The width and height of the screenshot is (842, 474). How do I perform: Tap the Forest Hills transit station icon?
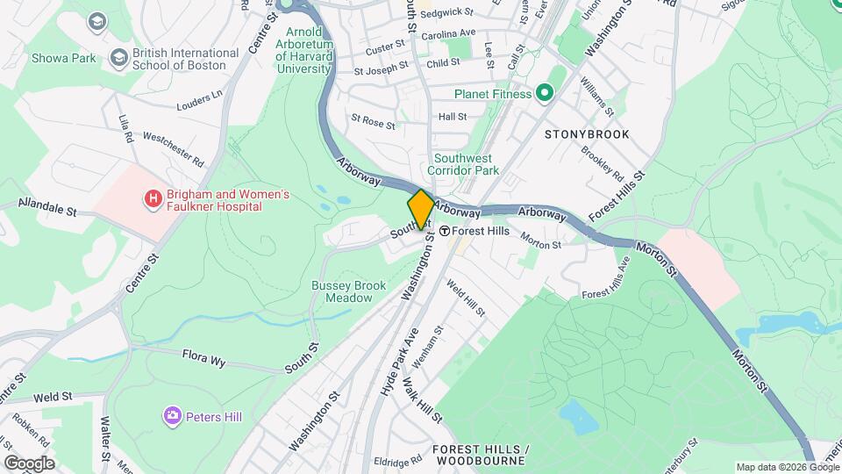(446, 231)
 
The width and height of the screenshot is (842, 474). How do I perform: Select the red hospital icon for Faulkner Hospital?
(153, 199)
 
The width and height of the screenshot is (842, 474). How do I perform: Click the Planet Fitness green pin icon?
(544, 93)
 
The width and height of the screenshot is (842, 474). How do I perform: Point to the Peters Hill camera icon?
(172, 415)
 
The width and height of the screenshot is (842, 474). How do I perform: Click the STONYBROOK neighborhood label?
(587, 134)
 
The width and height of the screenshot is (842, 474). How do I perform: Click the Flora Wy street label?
(204, 355)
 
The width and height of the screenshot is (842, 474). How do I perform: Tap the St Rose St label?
(373, 120)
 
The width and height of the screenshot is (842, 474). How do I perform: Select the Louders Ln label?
(199, 101)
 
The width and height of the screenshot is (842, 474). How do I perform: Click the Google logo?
(29, 463)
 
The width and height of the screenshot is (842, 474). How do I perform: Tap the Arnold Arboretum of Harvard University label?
(303, 50)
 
